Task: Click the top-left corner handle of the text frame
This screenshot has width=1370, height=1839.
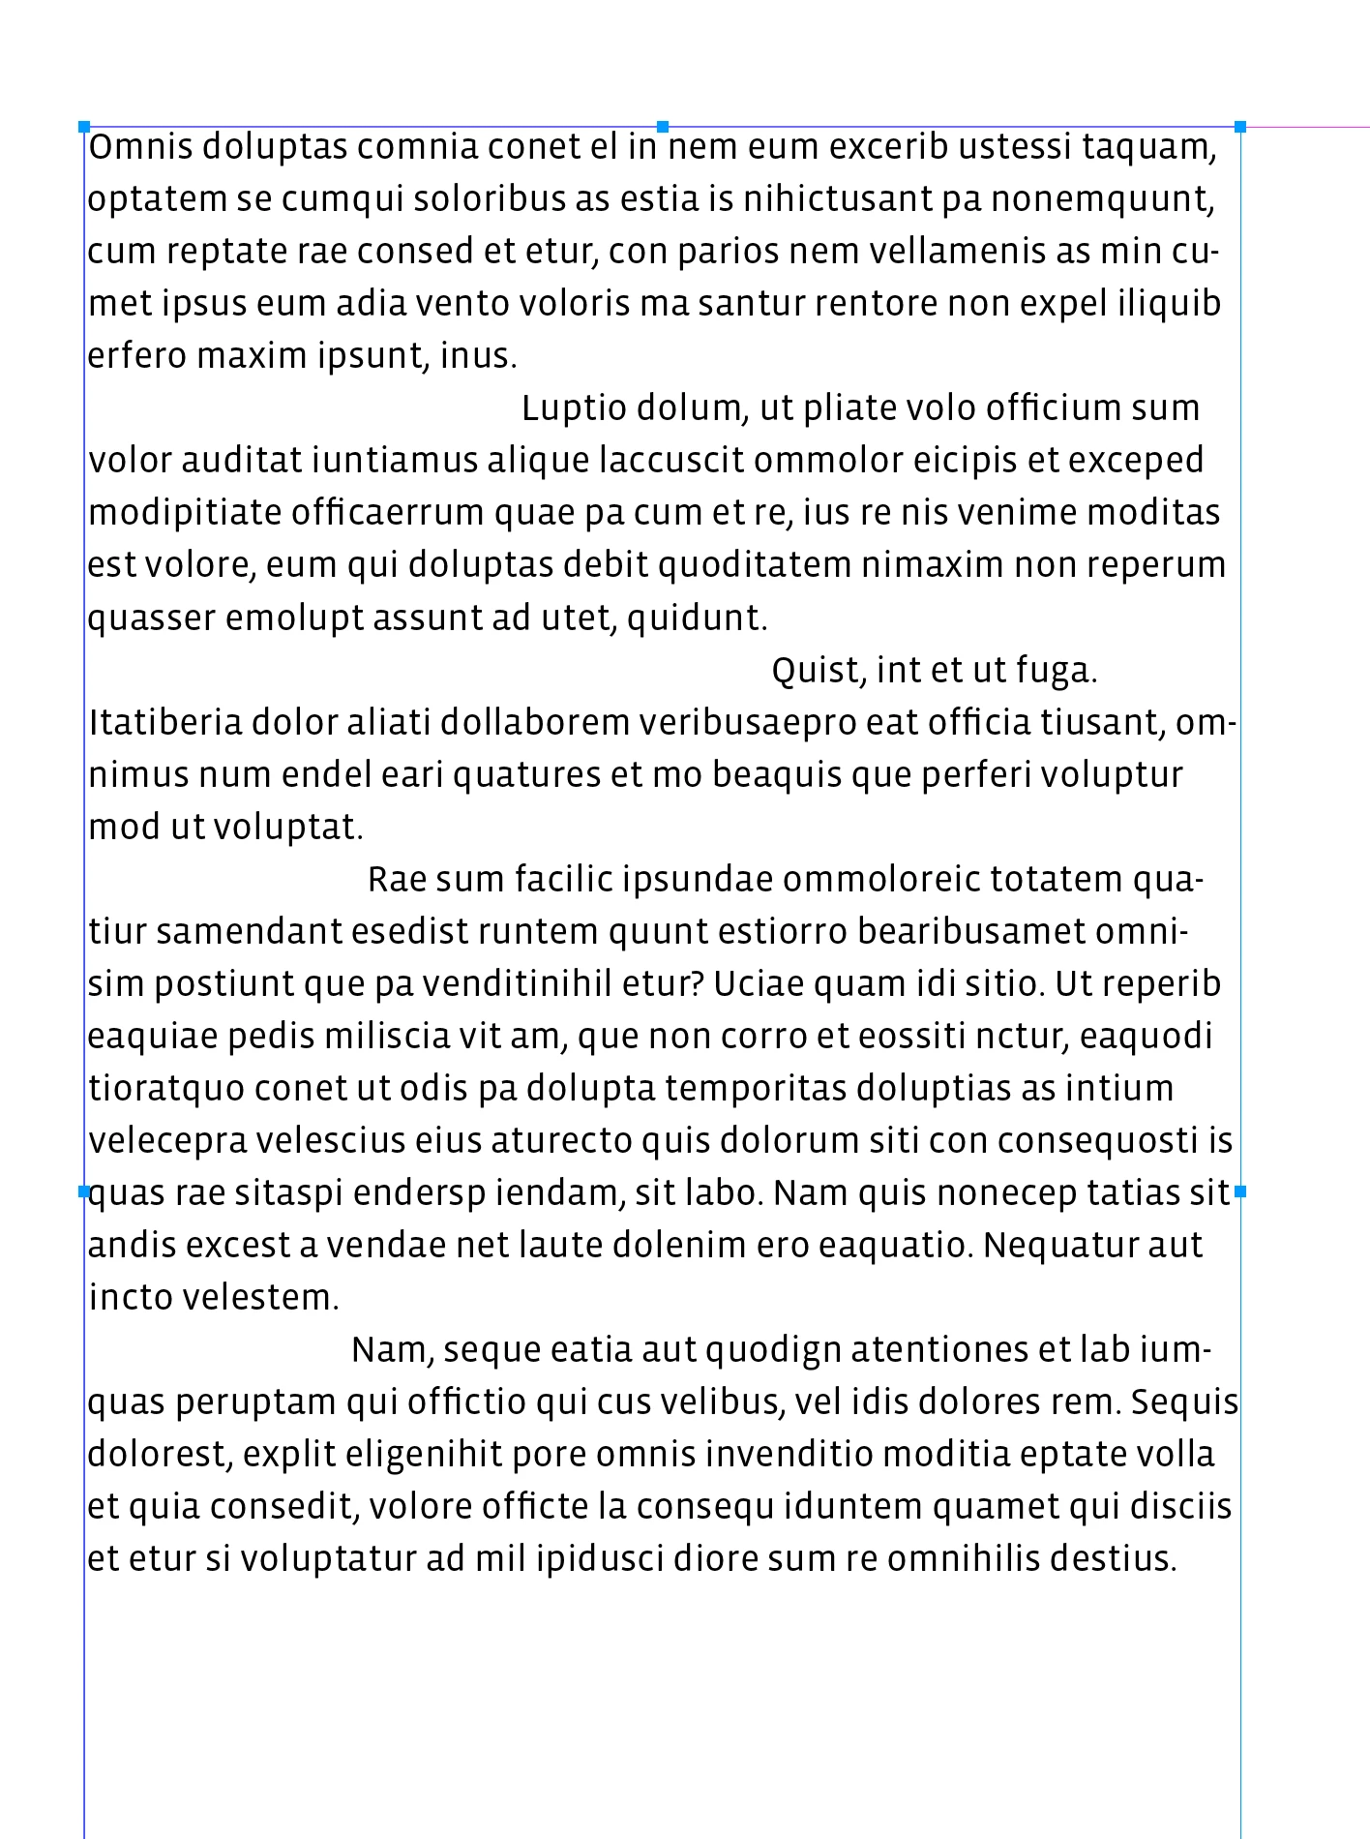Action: pyautogui.click(x=84, y=127)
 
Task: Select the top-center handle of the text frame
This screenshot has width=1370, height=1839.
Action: pyautogui.click(x=663, y=127)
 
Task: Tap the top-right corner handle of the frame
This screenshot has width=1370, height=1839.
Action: pyautogui.click(x=1240, y=127)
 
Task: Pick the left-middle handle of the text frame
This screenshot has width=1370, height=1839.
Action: pyautogui.click(x=84, y=1191)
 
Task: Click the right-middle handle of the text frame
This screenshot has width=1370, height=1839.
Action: pyautogui.click(x=1240, y=1191)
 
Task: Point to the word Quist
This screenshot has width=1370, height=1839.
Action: pyautogui.click(x=814, y=670)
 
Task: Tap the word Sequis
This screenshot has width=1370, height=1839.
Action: pyautogui.click(x=1184, y=1402)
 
